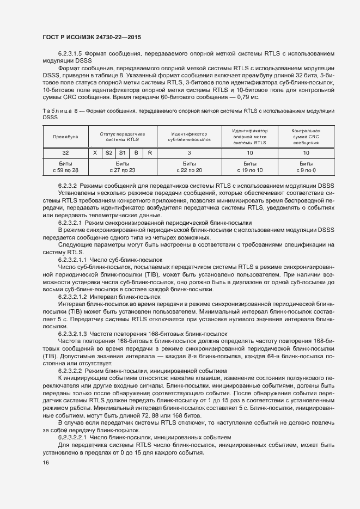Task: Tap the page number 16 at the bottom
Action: tap(46, 463)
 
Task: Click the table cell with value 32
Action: tap(65, 153)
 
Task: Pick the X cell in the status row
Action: tap(95, 153)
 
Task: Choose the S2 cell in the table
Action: tap(108, 153)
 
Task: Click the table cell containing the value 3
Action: tap(189, 153)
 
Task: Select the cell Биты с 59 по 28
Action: tap(65, 167)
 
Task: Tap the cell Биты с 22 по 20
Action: tap(189, 167)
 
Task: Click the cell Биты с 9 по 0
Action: tap(306, 167)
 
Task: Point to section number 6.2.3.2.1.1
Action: tap(72, 260)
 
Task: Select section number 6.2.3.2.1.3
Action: tap(72, 333)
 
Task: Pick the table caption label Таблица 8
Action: tap(59, 110)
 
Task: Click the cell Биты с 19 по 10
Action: tap(249, 167)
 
